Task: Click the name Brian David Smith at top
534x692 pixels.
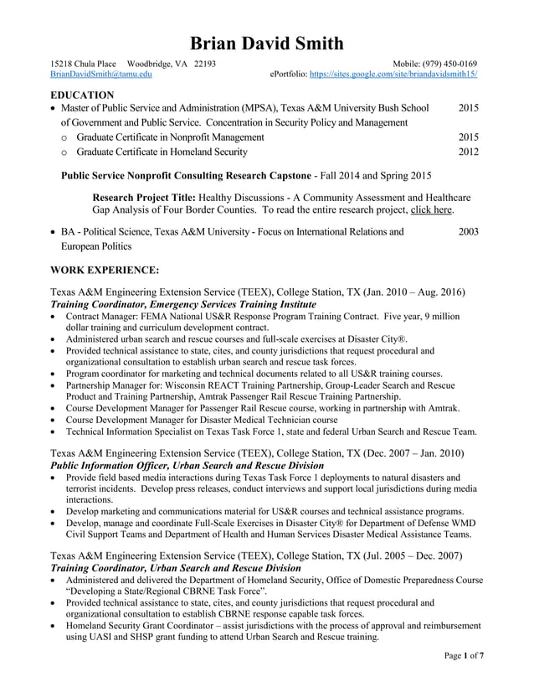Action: [x=267, y=44]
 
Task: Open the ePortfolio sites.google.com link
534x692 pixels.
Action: [x=393, y=75]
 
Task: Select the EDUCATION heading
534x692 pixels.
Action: [x=82, y=96]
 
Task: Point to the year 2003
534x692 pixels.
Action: [x=469, y=231]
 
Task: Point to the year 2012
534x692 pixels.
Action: [x=469, y=152]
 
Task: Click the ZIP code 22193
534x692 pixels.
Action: [x=205, y=64]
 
